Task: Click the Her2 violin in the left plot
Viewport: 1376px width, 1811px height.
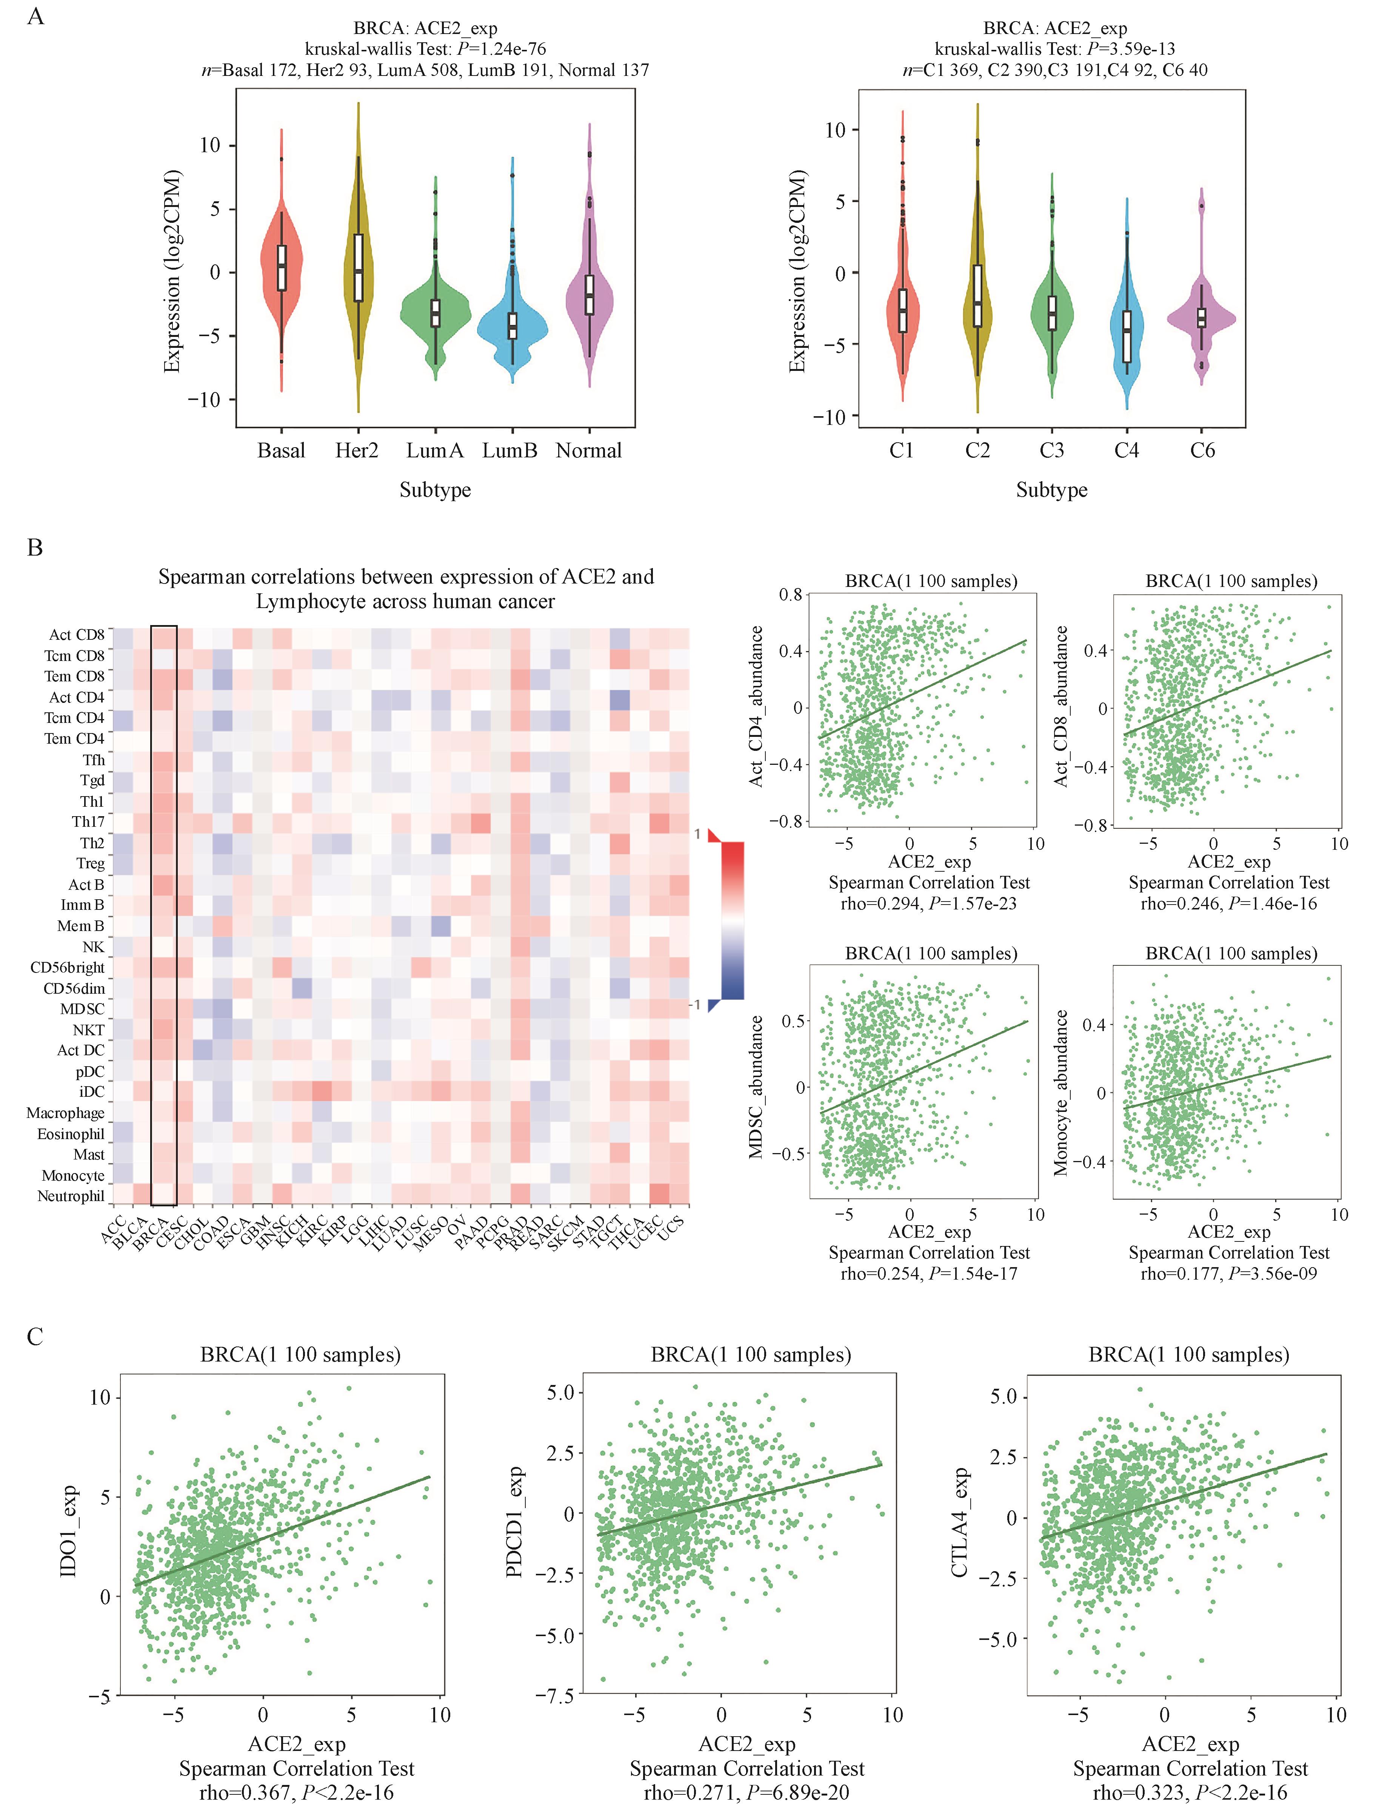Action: (x=358, y=270)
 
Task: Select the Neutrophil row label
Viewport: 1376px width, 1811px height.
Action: (x=71, y=1197)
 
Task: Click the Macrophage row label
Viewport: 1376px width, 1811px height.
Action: (x=66, y=1113)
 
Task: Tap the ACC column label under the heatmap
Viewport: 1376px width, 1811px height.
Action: (x=113, y=1229)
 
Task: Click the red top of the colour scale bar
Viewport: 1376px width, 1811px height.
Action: (x=733, y=856)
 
